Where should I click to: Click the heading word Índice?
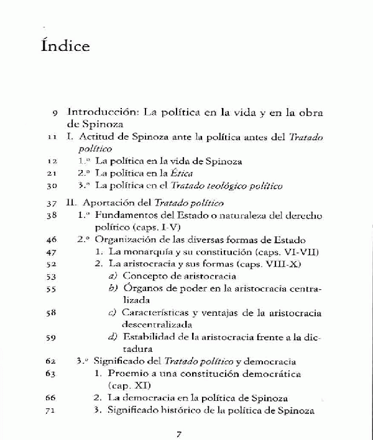coord(65,46)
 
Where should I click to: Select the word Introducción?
coord(102,113)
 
